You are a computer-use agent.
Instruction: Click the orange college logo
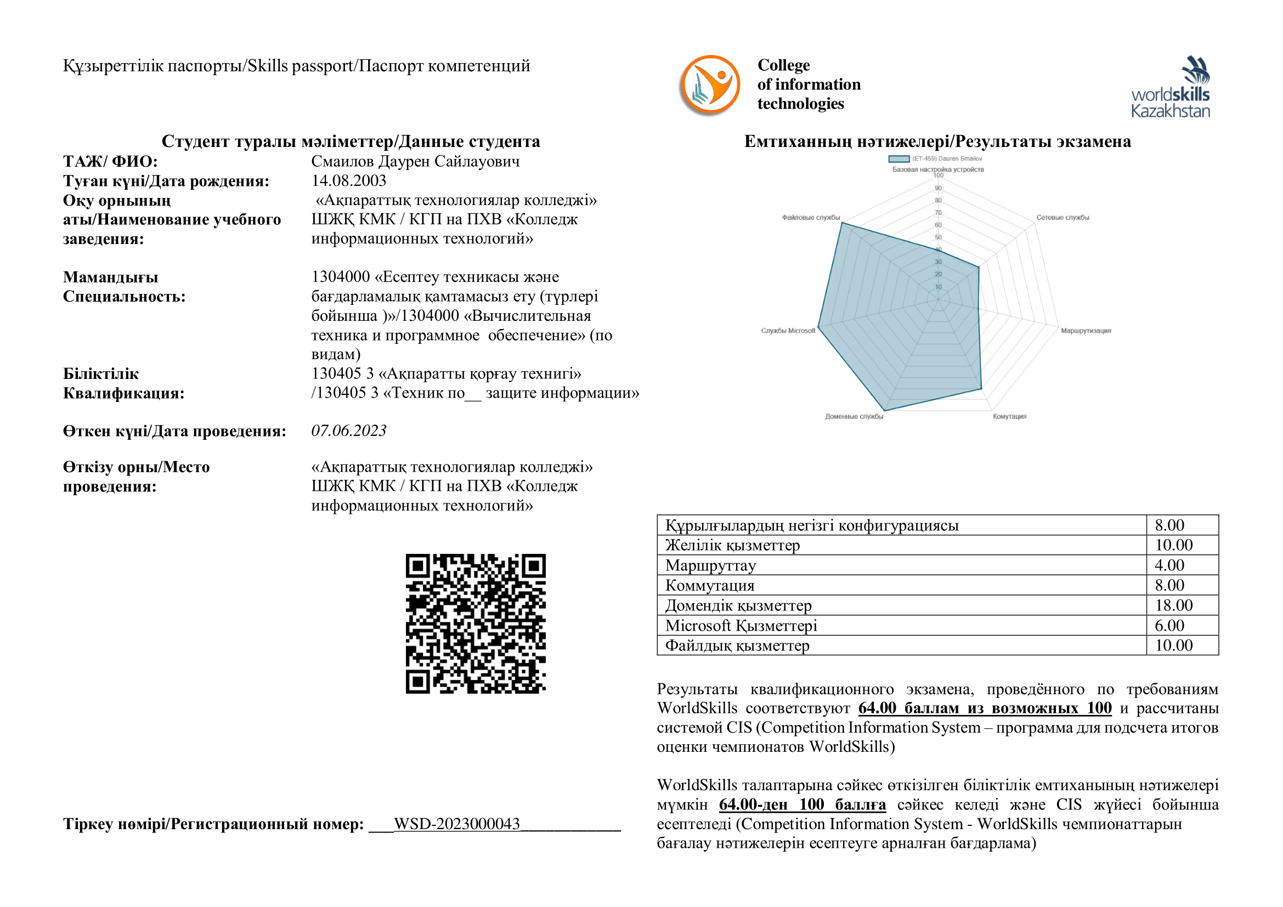710,86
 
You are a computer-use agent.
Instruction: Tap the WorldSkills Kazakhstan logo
1171,87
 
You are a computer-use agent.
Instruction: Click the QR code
476,623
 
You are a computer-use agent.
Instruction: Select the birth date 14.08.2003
349,180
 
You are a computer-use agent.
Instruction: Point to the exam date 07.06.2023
349,430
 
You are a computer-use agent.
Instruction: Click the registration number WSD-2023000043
456,824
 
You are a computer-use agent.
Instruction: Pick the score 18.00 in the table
1173,605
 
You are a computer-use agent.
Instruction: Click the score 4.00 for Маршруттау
1169,565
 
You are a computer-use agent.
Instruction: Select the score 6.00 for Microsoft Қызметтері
1169,626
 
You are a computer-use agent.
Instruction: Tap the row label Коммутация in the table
710,585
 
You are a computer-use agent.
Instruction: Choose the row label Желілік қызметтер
733,545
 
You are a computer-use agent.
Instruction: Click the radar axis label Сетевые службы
1062,218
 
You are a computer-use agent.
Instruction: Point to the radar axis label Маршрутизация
1086,331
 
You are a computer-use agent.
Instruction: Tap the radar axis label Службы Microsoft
788,331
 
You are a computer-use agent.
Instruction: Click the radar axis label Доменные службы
854,417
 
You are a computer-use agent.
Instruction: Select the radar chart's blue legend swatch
898,159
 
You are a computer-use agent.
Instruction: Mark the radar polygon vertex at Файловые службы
842,223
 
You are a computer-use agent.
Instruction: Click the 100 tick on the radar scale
938,175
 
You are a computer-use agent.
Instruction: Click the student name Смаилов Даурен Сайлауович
415,161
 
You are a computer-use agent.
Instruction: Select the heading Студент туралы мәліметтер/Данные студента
351,141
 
